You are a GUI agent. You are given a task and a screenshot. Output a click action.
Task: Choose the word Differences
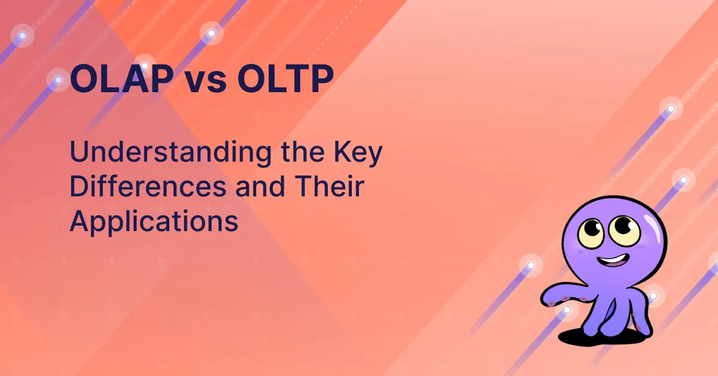pyautogui.click(x=148, y=187)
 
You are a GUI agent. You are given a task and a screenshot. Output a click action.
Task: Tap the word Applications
pyautogui.click(x=154, y=222)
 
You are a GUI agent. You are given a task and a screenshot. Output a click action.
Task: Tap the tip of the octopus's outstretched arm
pyautogui.click(x=544, y=297)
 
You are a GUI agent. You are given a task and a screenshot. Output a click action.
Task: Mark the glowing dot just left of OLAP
pyautogui.click(x=58, y=79)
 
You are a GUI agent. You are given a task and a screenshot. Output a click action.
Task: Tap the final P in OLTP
pyautogui.click(x=320, y=80)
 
